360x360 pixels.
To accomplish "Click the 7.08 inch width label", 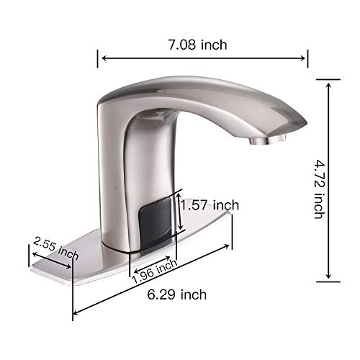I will [x=197, y=45].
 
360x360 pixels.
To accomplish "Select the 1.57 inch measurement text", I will [x=209, y=206].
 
